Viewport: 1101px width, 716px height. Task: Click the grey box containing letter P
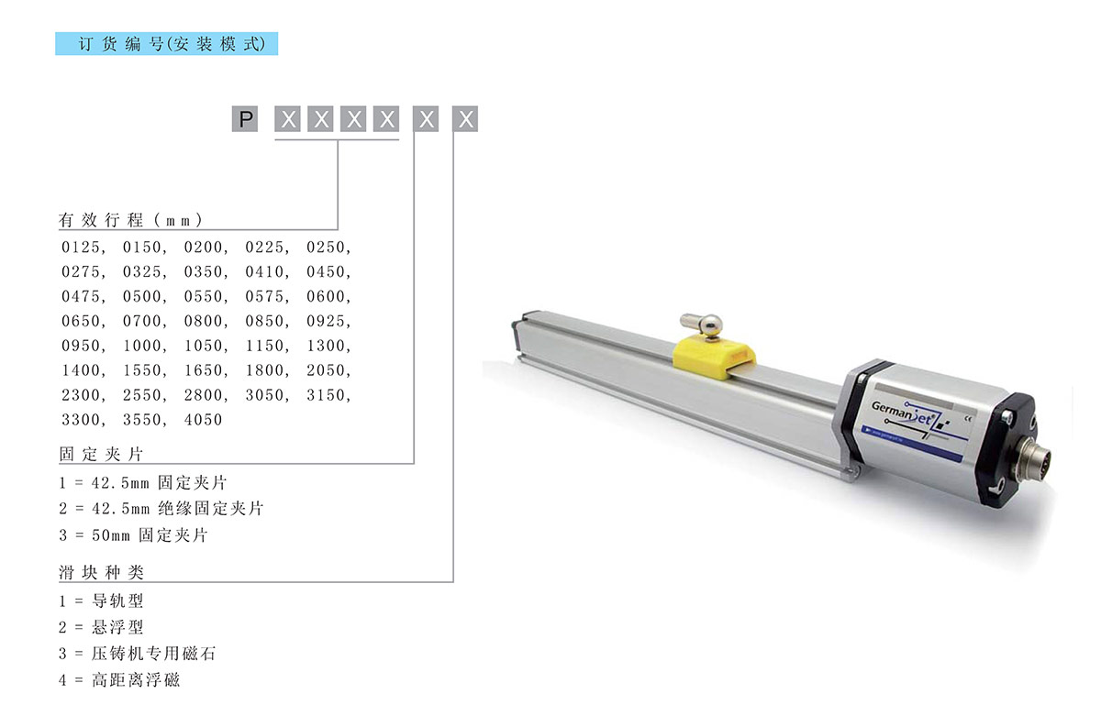click(245, 119)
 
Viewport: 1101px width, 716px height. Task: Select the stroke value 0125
click(81, 247)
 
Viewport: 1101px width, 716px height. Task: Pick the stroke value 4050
click(203, 419)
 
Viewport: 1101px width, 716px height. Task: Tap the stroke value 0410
click(264, 271)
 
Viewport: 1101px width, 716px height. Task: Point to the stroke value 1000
click(142, 346)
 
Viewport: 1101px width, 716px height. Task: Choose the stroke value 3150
click(326, 395)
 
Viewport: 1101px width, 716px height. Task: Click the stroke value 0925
click(326, 321)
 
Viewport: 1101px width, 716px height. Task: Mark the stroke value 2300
click(81, 395)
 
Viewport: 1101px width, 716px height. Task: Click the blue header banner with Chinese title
click(167, 44)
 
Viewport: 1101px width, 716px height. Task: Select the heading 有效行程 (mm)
click(130, 220)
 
